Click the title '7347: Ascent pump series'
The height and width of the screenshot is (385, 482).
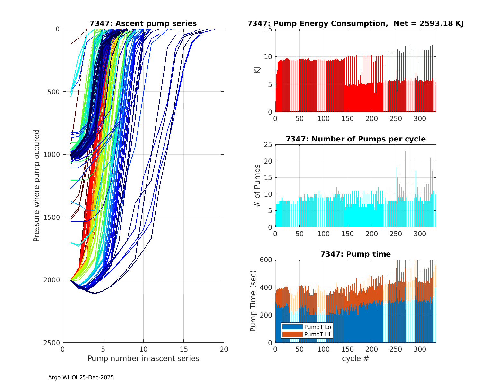click(x=143, y=23)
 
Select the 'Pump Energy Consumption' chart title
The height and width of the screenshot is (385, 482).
click(x=355, y=23)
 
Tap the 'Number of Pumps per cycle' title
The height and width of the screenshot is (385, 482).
click(x=355, y=139)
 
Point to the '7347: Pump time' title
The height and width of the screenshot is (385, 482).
click(x=355, y=254)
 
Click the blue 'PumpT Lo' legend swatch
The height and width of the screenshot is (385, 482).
click(x=292, y=327)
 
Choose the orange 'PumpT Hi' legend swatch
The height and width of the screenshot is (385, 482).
click(x=292, y=334)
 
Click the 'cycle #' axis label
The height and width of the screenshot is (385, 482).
click(x=355, y=358)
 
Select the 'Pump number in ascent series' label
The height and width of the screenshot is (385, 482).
click(x=143, y=358)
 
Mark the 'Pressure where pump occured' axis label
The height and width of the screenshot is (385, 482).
click(x=36, y=186)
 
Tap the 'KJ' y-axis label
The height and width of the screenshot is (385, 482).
click(x=257, y=70)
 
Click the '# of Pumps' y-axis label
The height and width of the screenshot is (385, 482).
click(x=257, y=186)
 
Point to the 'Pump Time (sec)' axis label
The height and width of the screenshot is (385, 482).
click(x=253, y=301)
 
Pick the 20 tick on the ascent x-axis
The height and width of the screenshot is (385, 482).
click(x=224, y=349)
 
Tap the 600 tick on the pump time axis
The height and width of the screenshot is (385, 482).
click(x=266, y=260)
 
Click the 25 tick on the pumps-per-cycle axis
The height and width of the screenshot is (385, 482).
click(x=268, y=145)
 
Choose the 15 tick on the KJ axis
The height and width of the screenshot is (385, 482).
click(x=268, y=29)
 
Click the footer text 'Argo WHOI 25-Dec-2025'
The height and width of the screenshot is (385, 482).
click(x=81, y=377)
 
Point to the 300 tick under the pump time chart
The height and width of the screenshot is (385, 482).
click(x=420, y=349)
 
